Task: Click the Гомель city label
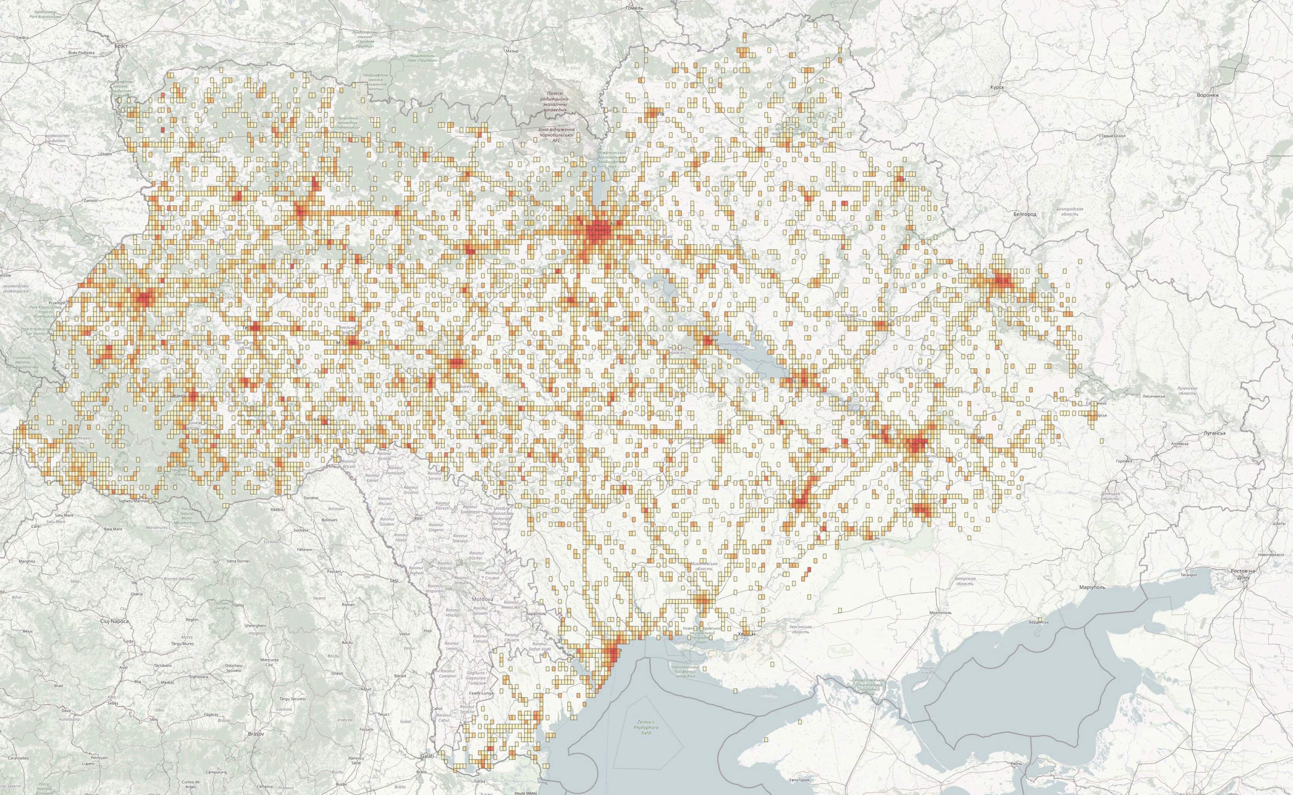(634, 8)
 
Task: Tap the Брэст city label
(120, 46)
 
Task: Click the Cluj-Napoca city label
(114, 621)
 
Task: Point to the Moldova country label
(482, 599)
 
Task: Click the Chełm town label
(106, 155)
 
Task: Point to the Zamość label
(91, 201)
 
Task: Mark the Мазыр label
(511, 51)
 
